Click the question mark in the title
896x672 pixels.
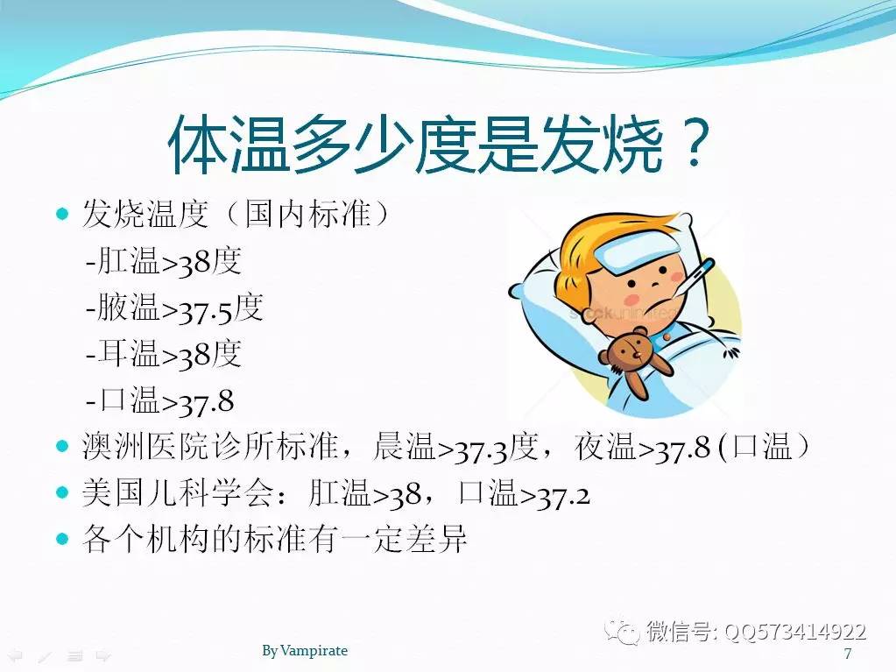click(x=695, y=143)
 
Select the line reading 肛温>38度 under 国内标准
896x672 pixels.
click(x=164, y=262)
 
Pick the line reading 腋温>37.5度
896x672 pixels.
click(x=174, y=308)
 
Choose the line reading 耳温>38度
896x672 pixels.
click(x=164, y=354)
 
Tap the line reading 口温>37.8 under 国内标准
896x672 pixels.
click(x=160, y=400)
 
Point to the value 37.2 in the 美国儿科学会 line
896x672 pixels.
click(x=562, y=495)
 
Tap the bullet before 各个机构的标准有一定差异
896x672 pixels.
click(x=62, y=538)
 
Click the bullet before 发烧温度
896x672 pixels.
click(x=62, y=215)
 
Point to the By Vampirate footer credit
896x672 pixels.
click(x=305, y=650)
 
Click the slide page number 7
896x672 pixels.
click(x=848, y=653)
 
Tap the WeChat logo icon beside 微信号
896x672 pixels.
click(x=623, y=631)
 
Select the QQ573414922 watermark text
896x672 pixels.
click(x=795, y=632)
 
